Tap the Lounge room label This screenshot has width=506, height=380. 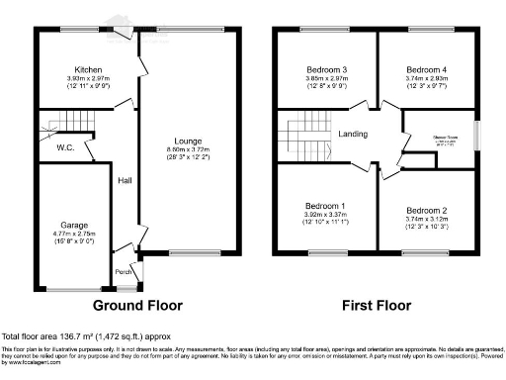(189, 142)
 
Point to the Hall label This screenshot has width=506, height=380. (126, 180)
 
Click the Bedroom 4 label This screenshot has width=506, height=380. (428, 70)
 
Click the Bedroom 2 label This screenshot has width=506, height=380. (427, 211)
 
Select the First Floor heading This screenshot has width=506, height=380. (377, 306)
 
